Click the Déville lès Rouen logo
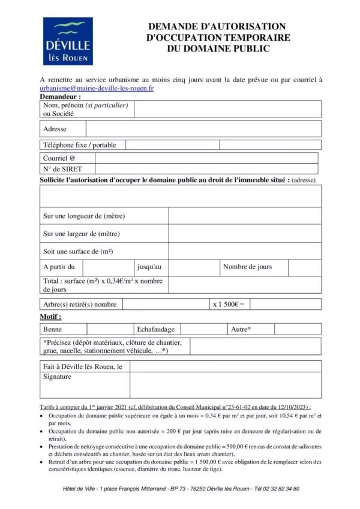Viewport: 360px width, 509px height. click(68, 41)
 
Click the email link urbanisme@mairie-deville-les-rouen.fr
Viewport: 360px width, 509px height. click(97, 88)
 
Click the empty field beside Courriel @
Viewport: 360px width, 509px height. click(206, 158)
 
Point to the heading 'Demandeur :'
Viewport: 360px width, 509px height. click(60, 96)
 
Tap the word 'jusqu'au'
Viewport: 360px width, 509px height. click(149, 267)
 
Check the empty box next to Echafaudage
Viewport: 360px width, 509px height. click(203, 329)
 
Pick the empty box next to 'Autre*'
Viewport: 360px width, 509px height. click(297, 329)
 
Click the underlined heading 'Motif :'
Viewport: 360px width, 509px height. click(50, 316)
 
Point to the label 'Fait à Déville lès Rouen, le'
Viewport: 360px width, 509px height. click(83, 366)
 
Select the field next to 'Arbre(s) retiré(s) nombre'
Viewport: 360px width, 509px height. click(165, 305)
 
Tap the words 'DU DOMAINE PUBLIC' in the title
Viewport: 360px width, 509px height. click(218, 48)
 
